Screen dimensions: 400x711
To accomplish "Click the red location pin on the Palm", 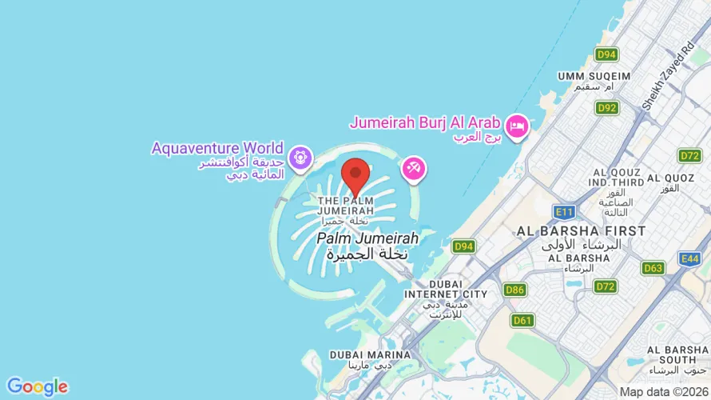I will [355, 175].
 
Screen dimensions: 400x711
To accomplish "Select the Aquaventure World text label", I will [217, 148].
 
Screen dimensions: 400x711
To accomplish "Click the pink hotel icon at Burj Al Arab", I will [517, 126].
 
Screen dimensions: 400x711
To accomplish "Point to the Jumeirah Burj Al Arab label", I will [425, 123].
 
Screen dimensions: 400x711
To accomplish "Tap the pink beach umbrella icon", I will [414, 169].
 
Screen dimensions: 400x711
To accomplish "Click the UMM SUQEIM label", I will [594, 76].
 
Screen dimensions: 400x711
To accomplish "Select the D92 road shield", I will [606, 107].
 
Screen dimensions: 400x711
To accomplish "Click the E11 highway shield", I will [564, 211].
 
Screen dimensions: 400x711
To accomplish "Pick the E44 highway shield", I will [689, 258].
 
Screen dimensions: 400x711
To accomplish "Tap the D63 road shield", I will [653, 268].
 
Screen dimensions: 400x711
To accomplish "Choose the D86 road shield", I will [514, 290].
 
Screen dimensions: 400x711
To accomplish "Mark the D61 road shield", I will [522, 321].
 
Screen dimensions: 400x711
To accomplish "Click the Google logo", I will [37, 387].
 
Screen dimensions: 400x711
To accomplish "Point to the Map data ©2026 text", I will [662, 392].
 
